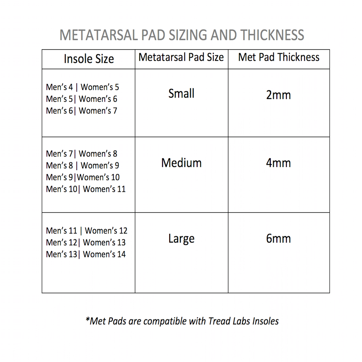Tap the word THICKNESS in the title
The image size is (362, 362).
tap(272, 35)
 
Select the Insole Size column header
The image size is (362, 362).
tap(89, 59)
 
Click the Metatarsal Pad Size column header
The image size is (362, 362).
tap(181, 57)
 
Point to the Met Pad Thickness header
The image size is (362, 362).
tap(279, 57)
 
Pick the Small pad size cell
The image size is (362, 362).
tap(181, 94)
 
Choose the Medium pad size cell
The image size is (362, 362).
tap(181, 163)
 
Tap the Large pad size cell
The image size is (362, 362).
tap(181, 239)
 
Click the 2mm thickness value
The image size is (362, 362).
tap(278, 95)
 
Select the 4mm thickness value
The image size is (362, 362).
tap(278, 163)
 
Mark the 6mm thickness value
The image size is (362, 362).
tap(278, 239)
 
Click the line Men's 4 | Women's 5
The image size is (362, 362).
tap(82, 87)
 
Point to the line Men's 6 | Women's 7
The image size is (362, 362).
tap(81, 111)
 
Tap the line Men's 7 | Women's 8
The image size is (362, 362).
tap(81, 154)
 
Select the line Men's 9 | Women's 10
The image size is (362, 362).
tap(83, 177)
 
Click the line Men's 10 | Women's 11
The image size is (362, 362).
tap(86, 189)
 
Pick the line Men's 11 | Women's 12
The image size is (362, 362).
tap(87, 231)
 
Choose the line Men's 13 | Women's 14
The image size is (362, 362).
tap(86, 254)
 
